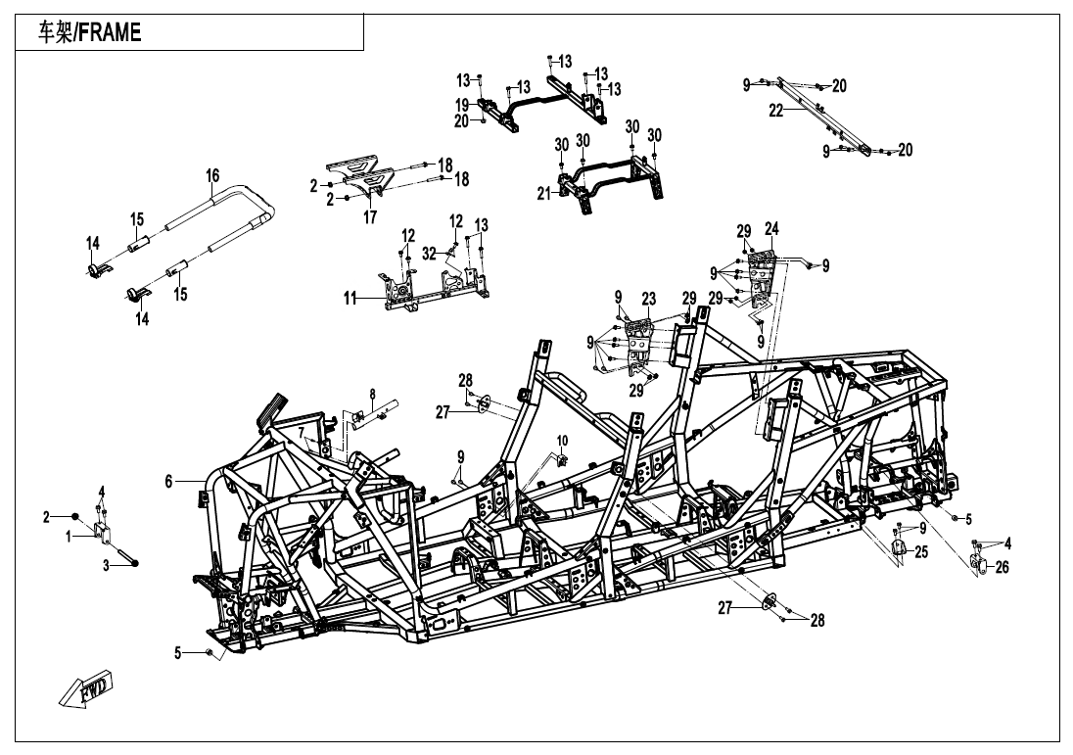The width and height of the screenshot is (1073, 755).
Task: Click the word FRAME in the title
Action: tap(110, 32)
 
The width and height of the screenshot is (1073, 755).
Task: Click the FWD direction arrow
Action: tap(85, 691)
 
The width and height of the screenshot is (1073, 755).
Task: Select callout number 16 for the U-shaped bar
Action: tap(212, 176)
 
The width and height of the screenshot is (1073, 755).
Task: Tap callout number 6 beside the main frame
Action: tap(169, 481)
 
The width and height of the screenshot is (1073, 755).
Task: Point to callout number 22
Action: tap(776, 111)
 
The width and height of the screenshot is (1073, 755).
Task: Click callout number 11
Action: tap(350, 299)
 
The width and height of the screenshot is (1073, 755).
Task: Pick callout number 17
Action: tap(370, 217)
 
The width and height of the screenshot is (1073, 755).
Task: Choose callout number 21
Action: tap(544, 195)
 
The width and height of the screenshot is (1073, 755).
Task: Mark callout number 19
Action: tap(462, 105)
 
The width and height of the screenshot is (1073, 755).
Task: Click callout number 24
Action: tap(771, 228)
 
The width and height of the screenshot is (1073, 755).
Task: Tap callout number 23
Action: tap(649, 299)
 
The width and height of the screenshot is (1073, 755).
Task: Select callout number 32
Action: tap(429, 254)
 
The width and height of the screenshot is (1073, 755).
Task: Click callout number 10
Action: tap(562, 439)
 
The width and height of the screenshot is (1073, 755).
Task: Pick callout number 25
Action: tap(921, 551)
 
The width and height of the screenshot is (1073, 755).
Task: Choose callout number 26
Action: tap(1003, 567)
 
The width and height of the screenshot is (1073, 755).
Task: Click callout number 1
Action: tap(69, 538)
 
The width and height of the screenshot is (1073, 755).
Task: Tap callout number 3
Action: tap(106, 566)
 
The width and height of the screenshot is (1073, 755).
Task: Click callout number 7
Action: tap(300, 433)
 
